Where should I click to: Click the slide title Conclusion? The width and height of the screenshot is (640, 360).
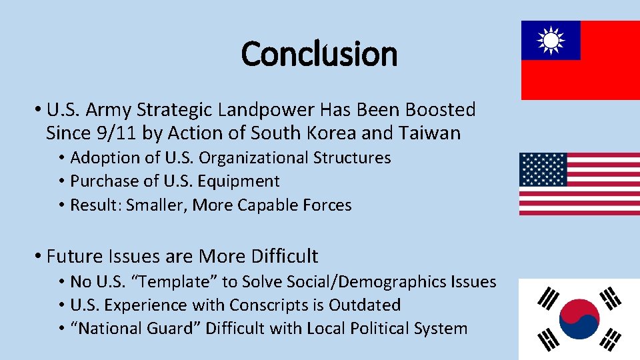[319, 54]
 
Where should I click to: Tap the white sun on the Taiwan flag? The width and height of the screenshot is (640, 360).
[551, 41]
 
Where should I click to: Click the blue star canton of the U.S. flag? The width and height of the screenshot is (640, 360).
[543, 169]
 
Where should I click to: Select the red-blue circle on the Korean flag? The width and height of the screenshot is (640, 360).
[579, 319]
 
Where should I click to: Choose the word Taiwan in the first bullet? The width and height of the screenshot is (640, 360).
[430, 133]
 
